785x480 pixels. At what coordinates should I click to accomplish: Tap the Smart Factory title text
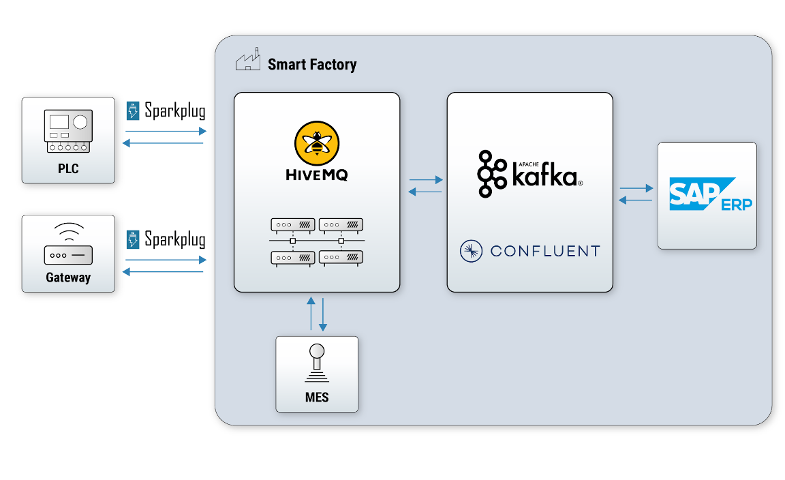pyautogui.click(x=312, y=65)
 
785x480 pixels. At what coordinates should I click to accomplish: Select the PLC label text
pyautogui.click(x=68, y=168)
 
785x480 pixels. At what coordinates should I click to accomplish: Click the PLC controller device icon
pyautogui.click(x=68, y=132)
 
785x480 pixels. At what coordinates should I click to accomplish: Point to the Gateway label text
pyautogui.click(x=68, y=277)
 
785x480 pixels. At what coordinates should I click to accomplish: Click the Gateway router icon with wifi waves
pyautogui.click(x=68, y=245)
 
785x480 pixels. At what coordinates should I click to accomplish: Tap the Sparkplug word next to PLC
pyautogui.click(x=174, y=110)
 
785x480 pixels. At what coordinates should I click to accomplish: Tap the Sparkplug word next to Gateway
pyautogui.click(x=174, y=240)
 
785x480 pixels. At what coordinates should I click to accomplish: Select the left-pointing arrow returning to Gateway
pyautogui.click(x=163, y=272)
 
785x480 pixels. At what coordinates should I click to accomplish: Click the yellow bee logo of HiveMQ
pyautogui.click(x=317, y=143)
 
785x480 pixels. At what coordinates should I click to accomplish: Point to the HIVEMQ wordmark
pyautogui.click(x=317, y=175)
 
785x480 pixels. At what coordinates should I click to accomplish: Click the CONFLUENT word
pyautogui.click(x=545, y=251)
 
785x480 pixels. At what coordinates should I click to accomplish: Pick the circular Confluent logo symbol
pyautogui.click(x=471, y=251)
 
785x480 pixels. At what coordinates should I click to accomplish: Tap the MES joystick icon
pyautogui.click(x=317, y=365)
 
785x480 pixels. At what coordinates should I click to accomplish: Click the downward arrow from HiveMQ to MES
pyautogui.click(x=323, y=314)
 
